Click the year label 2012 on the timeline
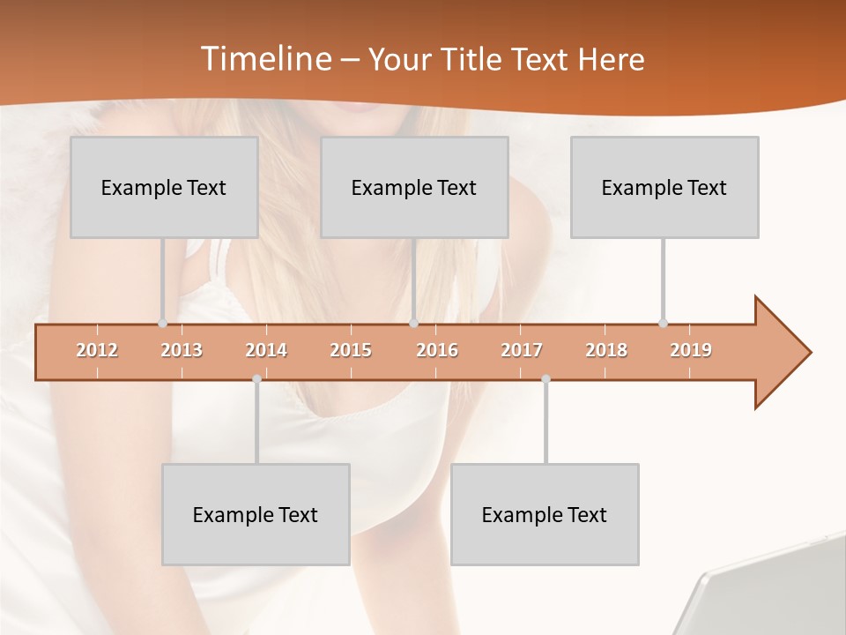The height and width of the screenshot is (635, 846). pyautogui.click(x=97, y=350)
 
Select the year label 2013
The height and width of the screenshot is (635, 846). pyautogui.click(x=182, y=350)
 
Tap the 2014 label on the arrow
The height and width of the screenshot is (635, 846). pyautogui.click(x=266, y=350)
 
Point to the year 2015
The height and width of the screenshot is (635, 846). pyautogui.click(x=351, y=350)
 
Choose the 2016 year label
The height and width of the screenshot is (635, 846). pyautogui.click(x=437, y=350)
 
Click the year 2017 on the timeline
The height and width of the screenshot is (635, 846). pyautogui.click(x=522, y=350)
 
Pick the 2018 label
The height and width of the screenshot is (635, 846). pyautogui.click(x=606, y=350)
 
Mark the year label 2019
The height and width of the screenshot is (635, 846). pyautogui.click(x=691, y=350)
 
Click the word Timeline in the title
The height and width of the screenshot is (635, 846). pyautogui.click(x=265, y=59)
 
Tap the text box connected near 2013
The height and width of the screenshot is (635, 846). pyautogui.click(x=164, y=187)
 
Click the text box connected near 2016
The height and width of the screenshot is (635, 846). pyautogui.click(x=414, y=187)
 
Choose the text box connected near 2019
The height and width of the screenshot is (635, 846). pyautogui.click(x=664, y=187)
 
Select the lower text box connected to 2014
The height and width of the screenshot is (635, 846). pyautogui.click(x=256, y=514)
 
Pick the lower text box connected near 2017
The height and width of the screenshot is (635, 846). pyautogui.click(x=545, y=514)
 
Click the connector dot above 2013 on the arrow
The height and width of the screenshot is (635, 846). pyautogui.click(x=162, y=324)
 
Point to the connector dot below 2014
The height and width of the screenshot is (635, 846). pyautogui.click(x=256, y=378)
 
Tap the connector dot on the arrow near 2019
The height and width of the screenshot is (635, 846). pyautogui.click(x=663, y=324)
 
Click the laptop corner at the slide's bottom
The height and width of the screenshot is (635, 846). pyautogui.click(x=775, y=591)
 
